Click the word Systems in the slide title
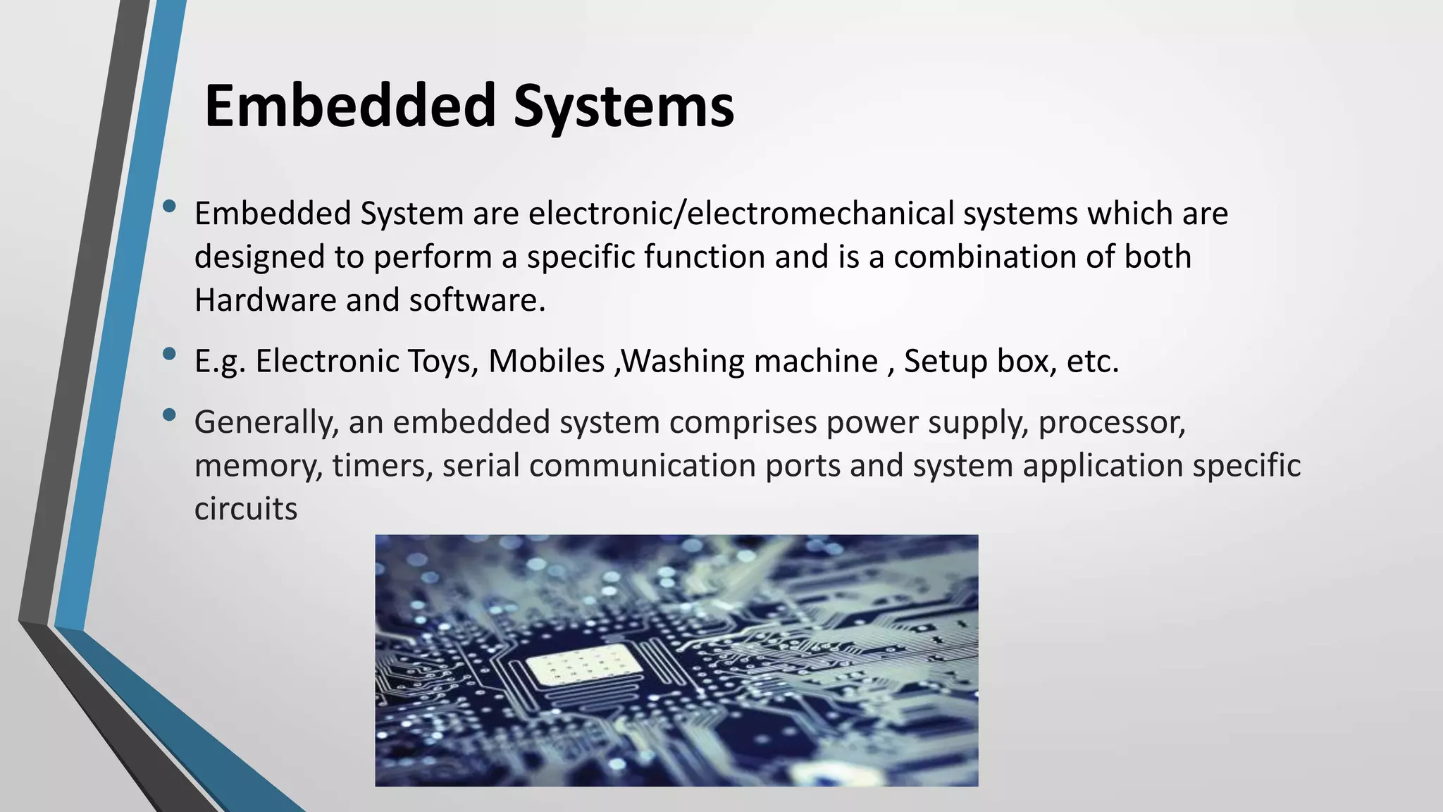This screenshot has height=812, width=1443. (624, 107)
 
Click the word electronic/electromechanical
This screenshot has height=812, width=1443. (741, 214)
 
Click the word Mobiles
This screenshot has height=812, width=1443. (547, 362)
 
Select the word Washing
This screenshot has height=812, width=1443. (683, 362)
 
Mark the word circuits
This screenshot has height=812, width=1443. (246, 509)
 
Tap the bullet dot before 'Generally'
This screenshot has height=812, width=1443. (169, 415)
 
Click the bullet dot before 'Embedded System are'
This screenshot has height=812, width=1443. (169, 207)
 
